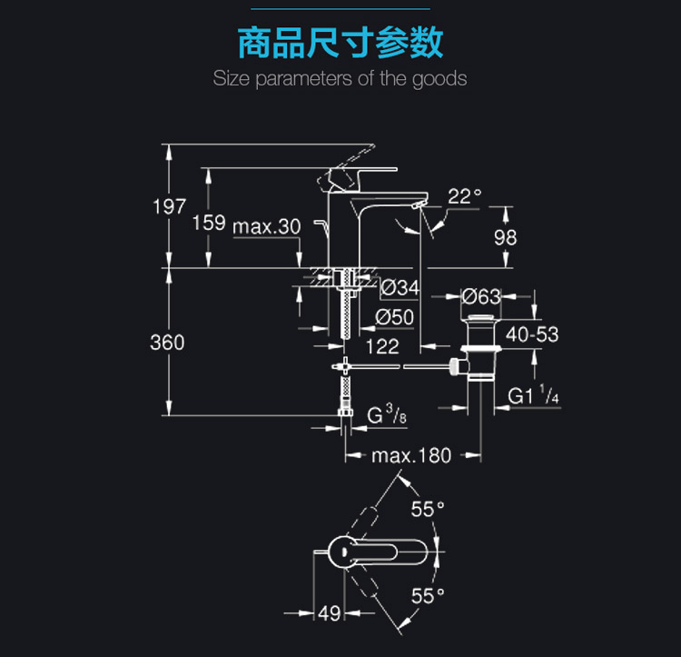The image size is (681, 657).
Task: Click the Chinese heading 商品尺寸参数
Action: point(340,42)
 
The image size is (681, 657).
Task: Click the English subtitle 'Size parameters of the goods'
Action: point(340,78)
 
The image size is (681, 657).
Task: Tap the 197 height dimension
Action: point(169,205)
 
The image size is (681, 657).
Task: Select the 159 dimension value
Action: point(209,223)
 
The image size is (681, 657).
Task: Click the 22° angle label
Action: point(464,195)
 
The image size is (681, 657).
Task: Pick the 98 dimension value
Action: point(505,236)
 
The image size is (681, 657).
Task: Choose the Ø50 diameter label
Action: point(395,317)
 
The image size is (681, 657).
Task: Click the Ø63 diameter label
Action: point(482,296)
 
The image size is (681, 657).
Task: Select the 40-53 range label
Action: point(532,334)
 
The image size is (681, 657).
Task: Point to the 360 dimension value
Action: point(167,343)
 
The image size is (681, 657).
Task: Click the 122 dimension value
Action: point(382,346)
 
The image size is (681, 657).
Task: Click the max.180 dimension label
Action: point(411,455)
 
